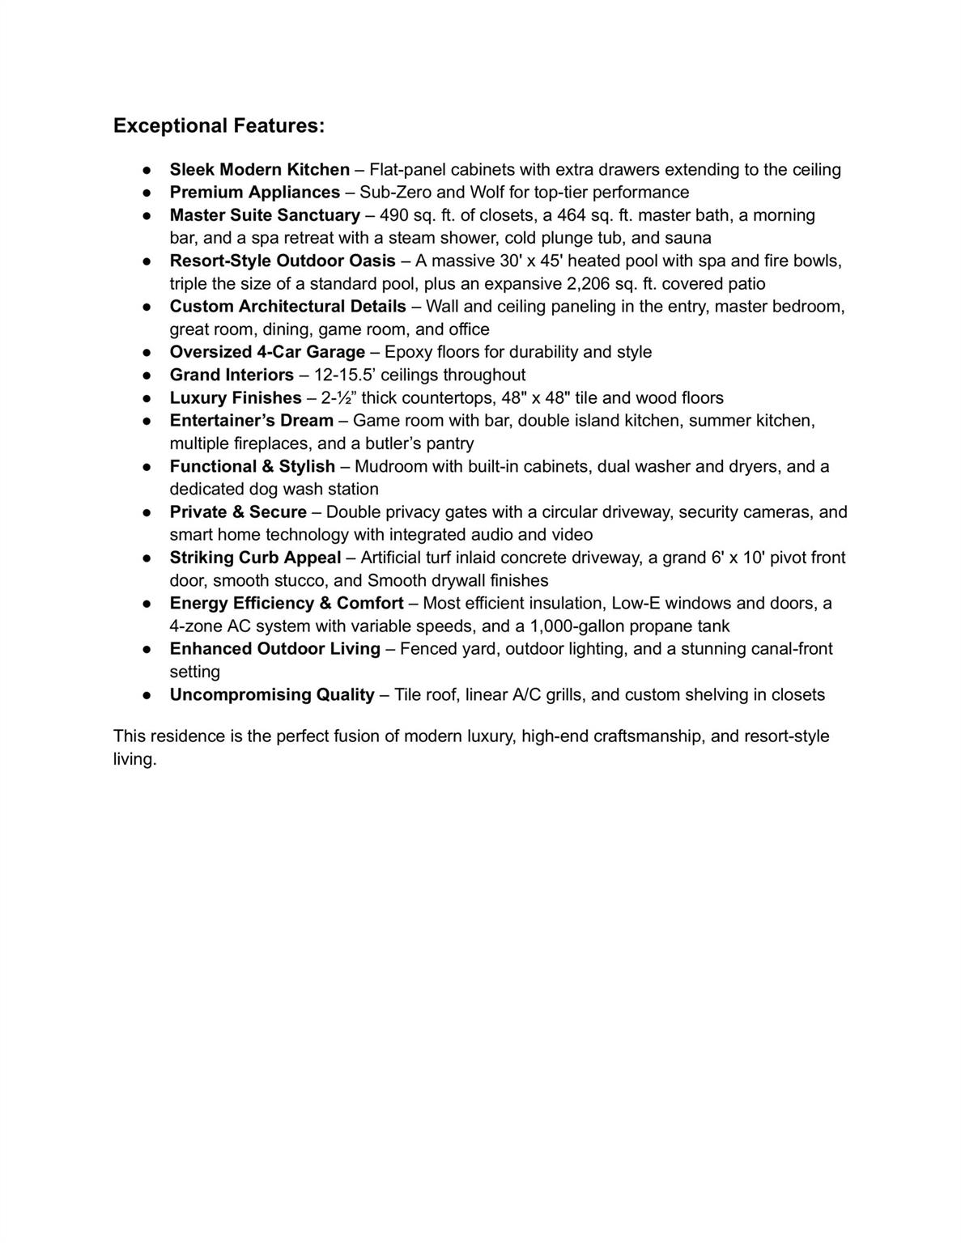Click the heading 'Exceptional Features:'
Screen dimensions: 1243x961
[219, 126]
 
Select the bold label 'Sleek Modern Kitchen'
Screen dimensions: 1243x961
[259, 170]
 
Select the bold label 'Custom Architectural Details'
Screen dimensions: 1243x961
[287, 307]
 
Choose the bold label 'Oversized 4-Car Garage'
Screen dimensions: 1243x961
[267, 352]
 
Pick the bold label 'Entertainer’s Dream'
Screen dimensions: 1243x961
[251, 421]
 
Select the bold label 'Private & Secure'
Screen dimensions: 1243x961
[238, 512]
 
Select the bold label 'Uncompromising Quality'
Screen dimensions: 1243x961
[272, 695]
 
